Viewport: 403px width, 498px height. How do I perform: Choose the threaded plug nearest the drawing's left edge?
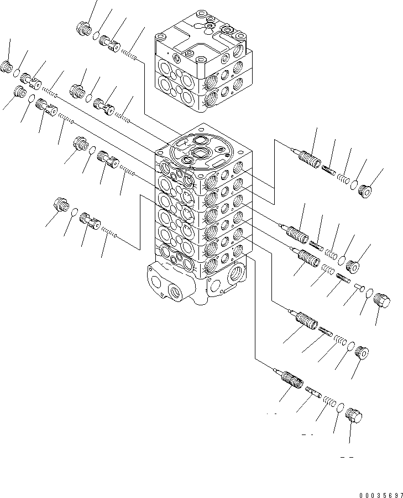point(8,67)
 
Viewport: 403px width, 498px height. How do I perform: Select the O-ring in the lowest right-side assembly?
point(341,409)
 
